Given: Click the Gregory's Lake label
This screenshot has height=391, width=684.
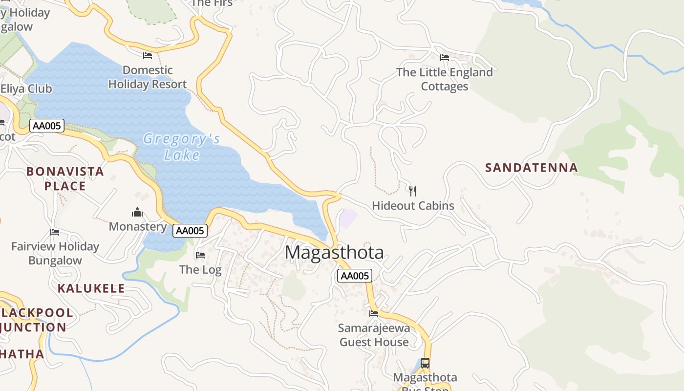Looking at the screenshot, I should (x=181, y=147).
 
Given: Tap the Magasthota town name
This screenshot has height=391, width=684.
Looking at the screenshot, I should (x=334, y=253).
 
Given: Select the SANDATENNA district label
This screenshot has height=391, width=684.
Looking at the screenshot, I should (x=532, y=168).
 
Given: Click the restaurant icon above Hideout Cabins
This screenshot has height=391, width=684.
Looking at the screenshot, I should (x=413, y=191).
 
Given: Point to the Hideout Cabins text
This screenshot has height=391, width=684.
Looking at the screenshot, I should (x=413, y=206).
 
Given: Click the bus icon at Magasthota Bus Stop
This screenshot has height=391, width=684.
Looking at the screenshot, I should (x=425, y=363).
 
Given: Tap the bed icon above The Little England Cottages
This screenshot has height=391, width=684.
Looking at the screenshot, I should (x=444, y=58).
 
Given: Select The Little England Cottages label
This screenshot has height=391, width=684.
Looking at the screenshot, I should (x=444, y=79).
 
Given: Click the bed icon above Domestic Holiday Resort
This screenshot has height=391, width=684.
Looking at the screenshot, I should (x=148, y=56).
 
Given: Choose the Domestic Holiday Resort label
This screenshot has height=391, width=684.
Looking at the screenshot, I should (x=148, y=77).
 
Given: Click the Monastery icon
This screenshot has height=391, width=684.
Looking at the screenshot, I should (x=137, y=212).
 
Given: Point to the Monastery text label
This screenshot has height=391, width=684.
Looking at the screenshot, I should (x=138, y=227).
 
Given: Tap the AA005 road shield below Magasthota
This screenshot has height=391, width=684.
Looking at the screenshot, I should (x=355, y=276).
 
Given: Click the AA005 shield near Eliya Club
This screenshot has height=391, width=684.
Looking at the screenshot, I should (x=47, y=126).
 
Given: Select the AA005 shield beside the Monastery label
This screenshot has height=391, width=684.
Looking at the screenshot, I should (x=190, y=231).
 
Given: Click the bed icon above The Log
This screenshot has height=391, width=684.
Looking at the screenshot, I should (x=200, y=255).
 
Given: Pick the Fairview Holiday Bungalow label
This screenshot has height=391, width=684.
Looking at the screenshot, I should (x=55, y=253).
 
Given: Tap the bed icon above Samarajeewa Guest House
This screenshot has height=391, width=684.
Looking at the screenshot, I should (x=374, y=313).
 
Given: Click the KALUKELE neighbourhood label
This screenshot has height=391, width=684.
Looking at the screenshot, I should (x=91, y=288).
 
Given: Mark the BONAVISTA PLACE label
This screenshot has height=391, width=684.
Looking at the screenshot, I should (x=65, y=178).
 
